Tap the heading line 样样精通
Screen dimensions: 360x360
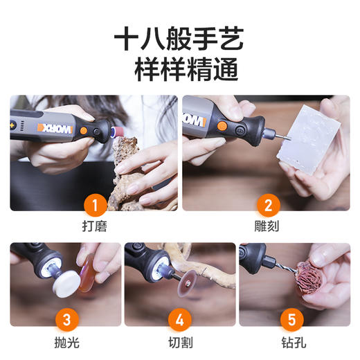179,71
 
